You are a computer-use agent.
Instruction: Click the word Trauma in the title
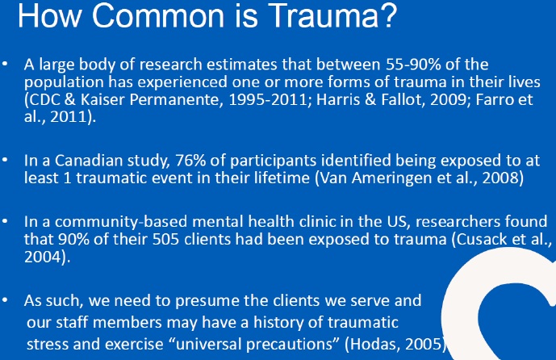[333, 15]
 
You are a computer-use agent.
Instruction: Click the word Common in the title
[157, 15]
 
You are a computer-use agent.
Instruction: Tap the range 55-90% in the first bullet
[413, 65]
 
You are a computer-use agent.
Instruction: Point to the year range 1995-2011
[268, 99]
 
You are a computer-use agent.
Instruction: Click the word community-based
[121, 223]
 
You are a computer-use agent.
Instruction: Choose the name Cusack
[483, 240]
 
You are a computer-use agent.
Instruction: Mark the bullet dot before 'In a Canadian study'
[5, 161]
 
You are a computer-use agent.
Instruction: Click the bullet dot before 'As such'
[5, 300]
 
